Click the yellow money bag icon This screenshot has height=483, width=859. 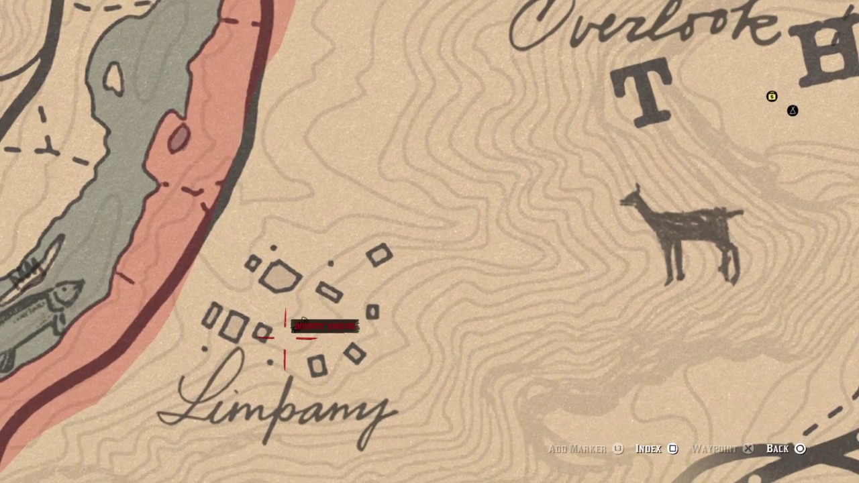(772, 97)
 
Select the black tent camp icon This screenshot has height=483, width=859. (793, 111)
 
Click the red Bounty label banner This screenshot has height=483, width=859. (325, 327)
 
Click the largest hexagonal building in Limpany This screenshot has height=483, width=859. (280, 276)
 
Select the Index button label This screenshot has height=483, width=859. (648, 449)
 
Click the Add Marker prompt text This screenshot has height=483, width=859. (577, 449)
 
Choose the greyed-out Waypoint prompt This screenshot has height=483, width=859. (713, 449)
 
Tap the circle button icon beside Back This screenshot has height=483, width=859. (800, 449)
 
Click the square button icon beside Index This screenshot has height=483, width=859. (673, 449)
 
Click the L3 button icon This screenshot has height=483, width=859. (618, 449)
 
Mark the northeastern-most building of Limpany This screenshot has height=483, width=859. (380, 256)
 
